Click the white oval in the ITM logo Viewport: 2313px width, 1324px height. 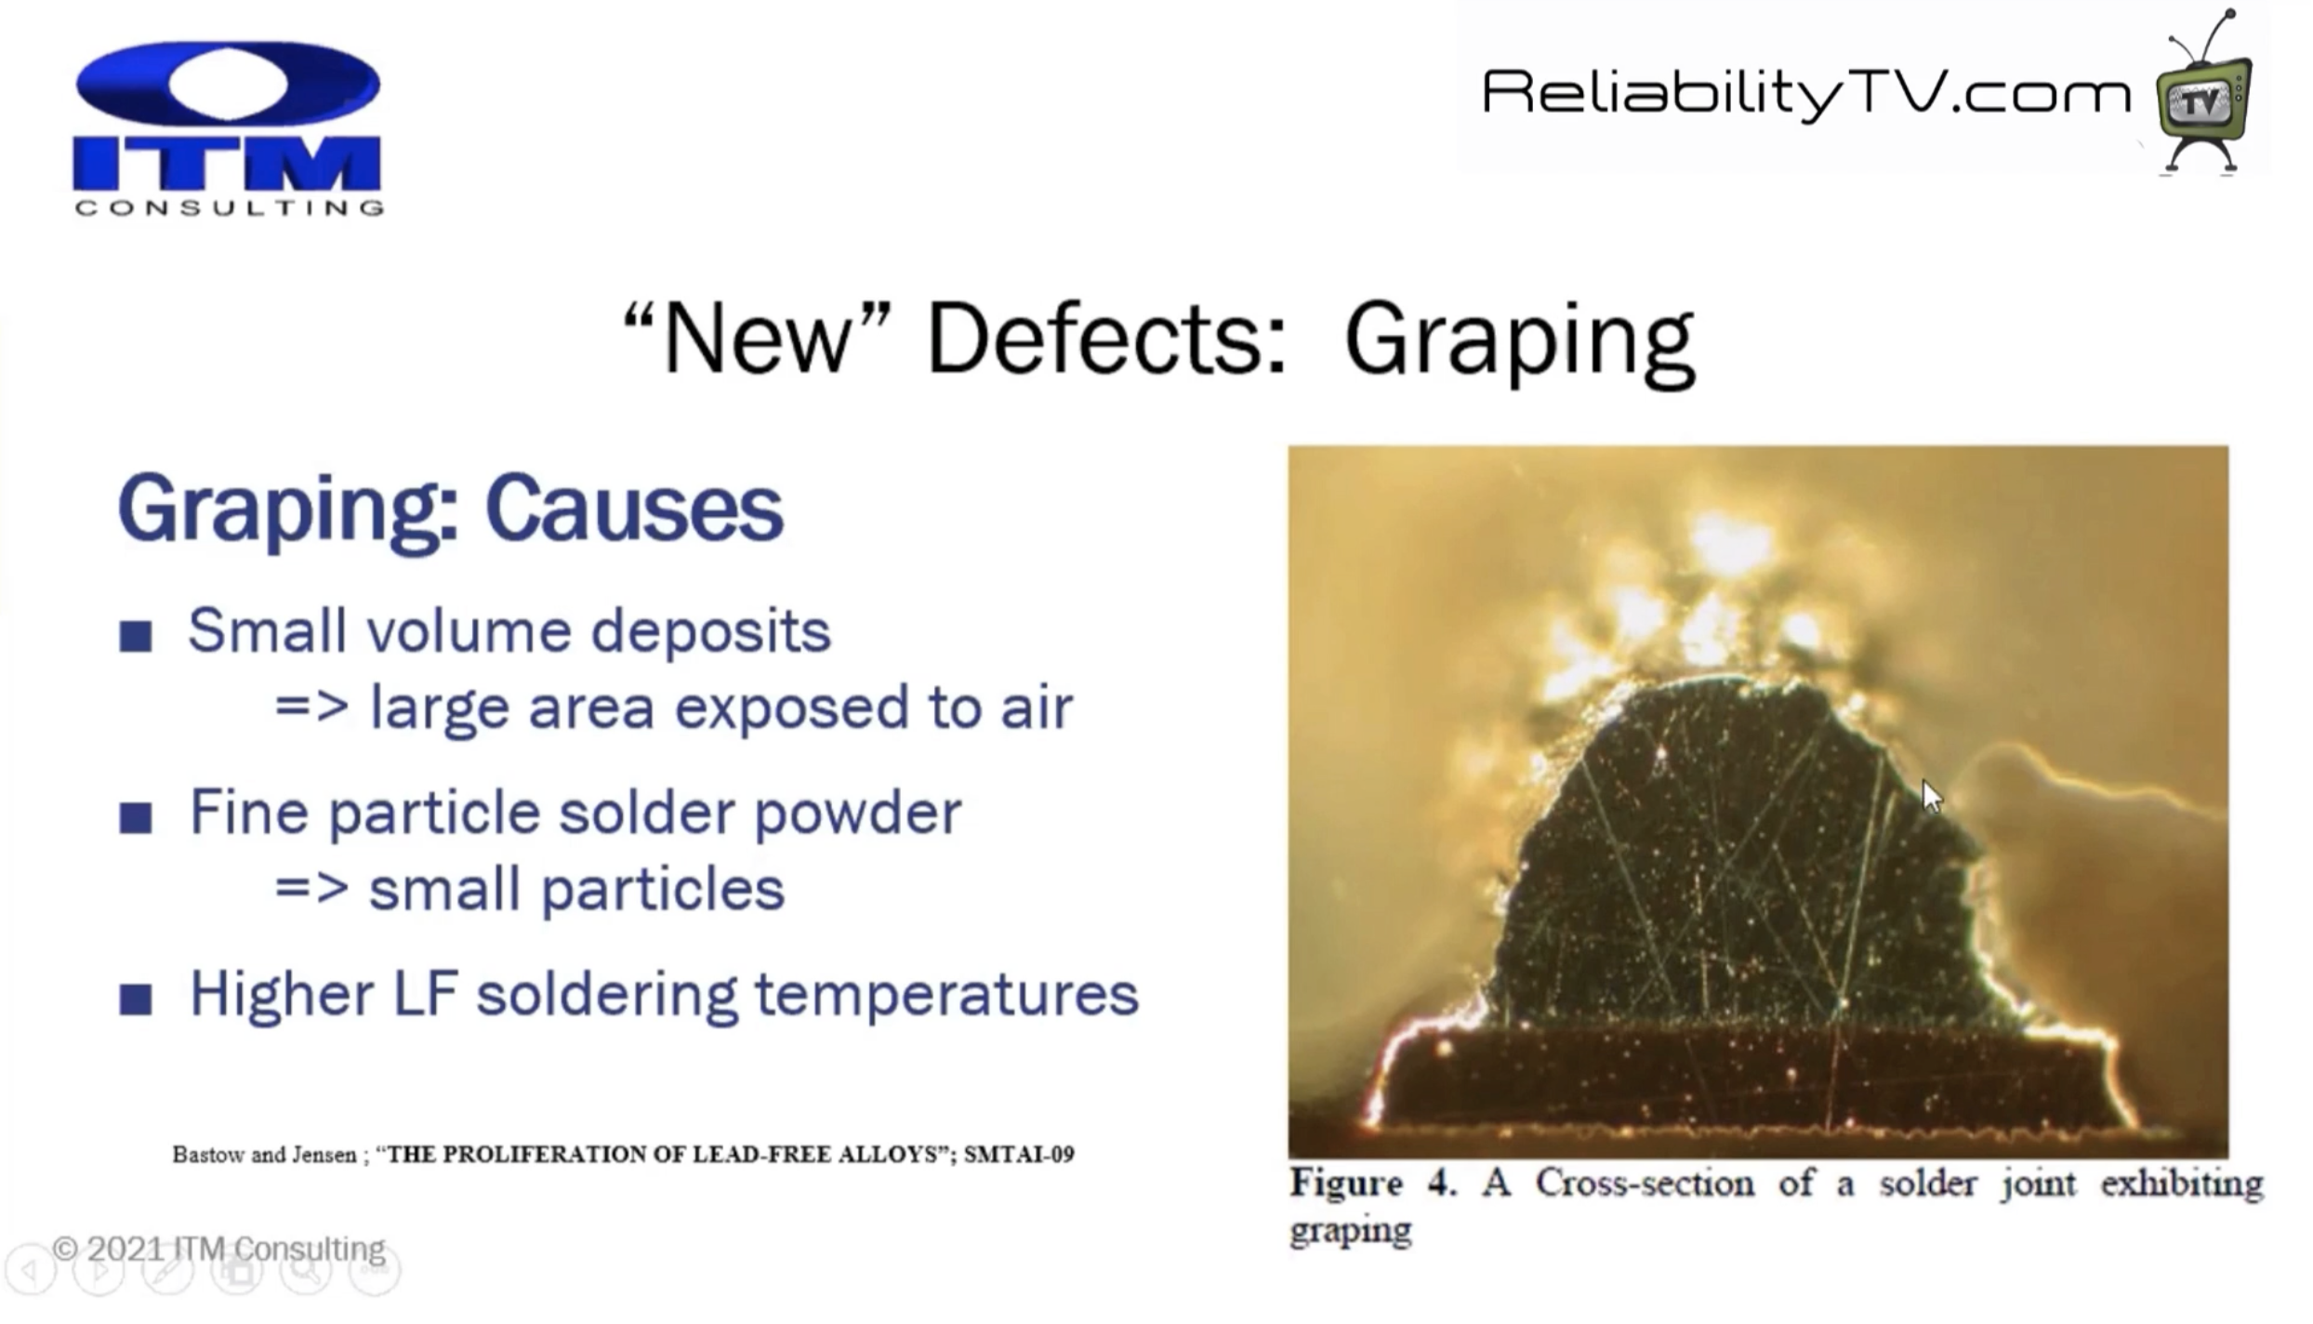228,83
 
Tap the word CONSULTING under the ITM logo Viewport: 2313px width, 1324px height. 229,207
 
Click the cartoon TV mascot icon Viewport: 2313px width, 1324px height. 2204,93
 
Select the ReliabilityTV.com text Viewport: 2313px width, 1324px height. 1806,94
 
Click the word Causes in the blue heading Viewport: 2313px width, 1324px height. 634,509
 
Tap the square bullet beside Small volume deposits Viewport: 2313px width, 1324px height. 136,636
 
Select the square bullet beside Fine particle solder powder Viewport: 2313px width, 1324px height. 136,817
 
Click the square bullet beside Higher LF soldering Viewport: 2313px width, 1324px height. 136,999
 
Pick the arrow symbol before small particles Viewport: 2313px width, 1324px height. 312,889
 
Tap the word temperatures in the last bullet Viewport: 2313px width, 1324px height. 946,995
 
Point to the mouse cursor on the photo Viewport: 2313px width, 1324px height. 1932,798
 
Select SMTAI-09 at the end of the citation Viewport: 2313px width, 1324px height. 1019,1155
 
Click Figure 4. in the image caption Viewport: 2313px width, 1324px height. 1372,1185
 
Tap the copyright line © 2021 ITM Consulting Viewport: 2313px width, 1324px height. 218,1249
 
